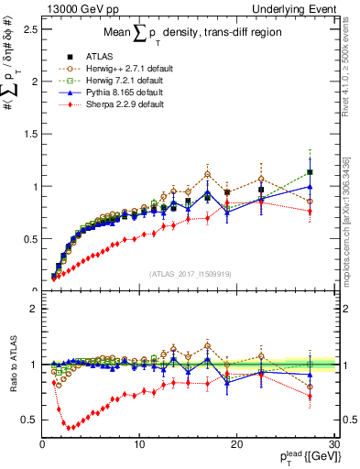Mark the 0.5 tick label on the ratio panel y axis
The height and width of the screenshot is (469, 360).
pyautogui.click(x=28, y=420)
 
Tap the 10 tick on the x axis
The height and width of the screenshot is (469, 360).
pyautogui.click(x=139, y=444)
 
